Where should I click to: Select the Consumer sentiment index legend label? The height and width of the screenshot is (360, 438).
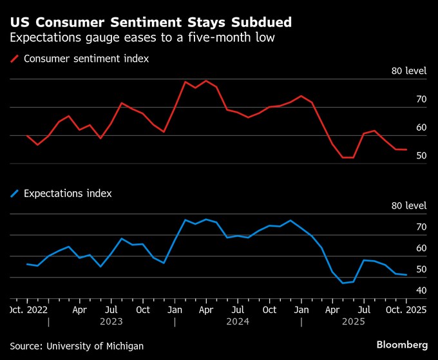tap(86, 59)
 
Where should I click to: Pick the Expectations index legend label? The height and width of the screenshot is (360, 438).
tap(68, 193)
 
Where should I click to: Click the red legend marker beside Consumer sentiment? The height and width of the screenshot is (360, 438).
tap(14, 59)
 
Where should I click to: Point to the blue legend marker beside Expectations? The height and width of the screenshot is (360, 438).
tap(14, 193)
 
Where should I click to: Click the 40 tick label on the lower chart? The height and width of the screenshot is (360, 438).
tap(421, 290)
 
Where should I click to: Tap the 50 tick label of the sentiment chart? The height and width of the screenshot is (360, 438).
tap(421, 156)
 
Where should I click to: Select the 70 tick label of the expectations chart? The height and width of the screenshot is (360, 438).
tap(421, 227)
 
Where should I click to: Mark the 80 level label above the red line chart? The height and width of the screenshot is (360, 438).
tap(409, 71)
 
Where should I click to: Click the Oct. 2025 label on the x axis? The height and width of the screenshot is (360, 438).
tap(406, 310)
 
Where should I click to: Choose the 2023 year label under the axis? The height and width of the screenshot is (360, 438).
tap(111, 321)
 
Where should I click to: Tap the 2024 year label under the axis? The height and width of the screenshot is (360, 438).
tap(238, 321)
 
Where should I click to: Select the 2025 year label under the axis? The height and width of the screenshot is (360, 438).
tap(354, 321)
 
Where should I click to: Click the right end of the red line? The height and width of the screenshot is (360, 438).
tap(406, 149)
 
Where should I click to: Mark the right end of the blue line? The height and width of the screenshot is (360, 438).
tap(406, 275)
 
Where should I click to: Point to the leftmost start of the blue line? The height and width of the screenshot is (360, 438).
tap(26, 264)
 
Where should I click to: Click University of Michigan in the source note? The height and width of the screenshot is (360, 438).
tap(94, 346)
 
